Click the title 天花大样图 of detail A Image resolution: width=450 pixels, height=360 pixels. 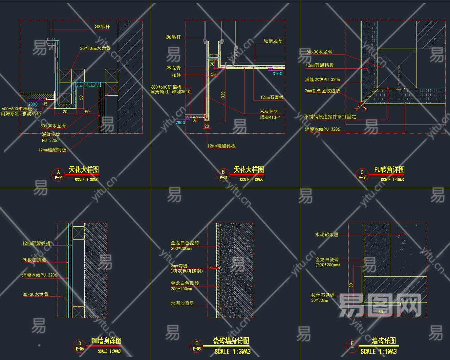click(x=84, y=169)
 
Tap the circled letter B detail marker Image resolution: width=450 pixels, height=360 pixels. click(x=223, y=172)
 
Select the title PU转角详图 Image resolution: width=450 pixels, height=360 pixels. click(x=389, y=169)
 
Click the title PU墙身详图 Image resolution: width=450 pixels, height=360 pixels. click(x=106, y=341)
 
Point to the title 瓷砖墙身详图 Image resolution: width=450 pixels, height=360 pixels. click(x=231, y=341)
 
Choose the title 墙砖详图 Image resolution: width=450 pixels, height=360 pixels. click(x=384, y=341)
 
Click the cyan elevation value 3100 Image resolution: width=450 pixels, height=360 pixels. click(x=277, y=74)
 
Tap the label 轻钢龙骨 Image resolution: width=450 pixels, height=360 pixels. click(x=273, y=41)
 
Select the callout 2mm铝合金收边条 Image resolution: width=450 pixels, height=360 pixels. click(x=322, y=91)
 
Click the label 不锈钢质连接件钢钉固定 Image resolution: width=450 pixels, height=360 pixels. click(x=330, y=117)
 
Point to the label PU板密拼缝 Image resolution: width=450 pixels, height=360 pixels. click(x=34, y=260)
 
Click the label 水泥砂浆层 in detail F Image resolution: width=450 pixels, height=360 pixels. click(x=327, y=235)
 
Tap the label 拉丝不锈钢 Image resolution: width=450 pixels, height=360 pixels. click(x=323, y=295)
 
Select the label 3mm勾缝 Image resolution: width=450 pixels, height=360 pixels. click(x=179, y=266)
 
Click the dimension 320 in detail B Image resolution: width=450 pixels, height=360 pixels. click(x=223, y=95)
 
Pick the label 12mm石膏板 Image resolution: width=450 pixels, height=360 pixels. click(x=272, y=97)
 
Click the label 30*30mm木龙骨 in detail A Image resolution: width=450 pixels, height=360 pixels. click(x=95, y=48)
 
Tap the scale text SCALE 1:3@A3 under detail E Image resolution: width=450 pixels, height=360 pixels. click(x=232, y=352)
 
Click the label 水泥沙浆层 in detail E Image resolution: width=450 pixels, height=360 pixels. click(x=182, y=303)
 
